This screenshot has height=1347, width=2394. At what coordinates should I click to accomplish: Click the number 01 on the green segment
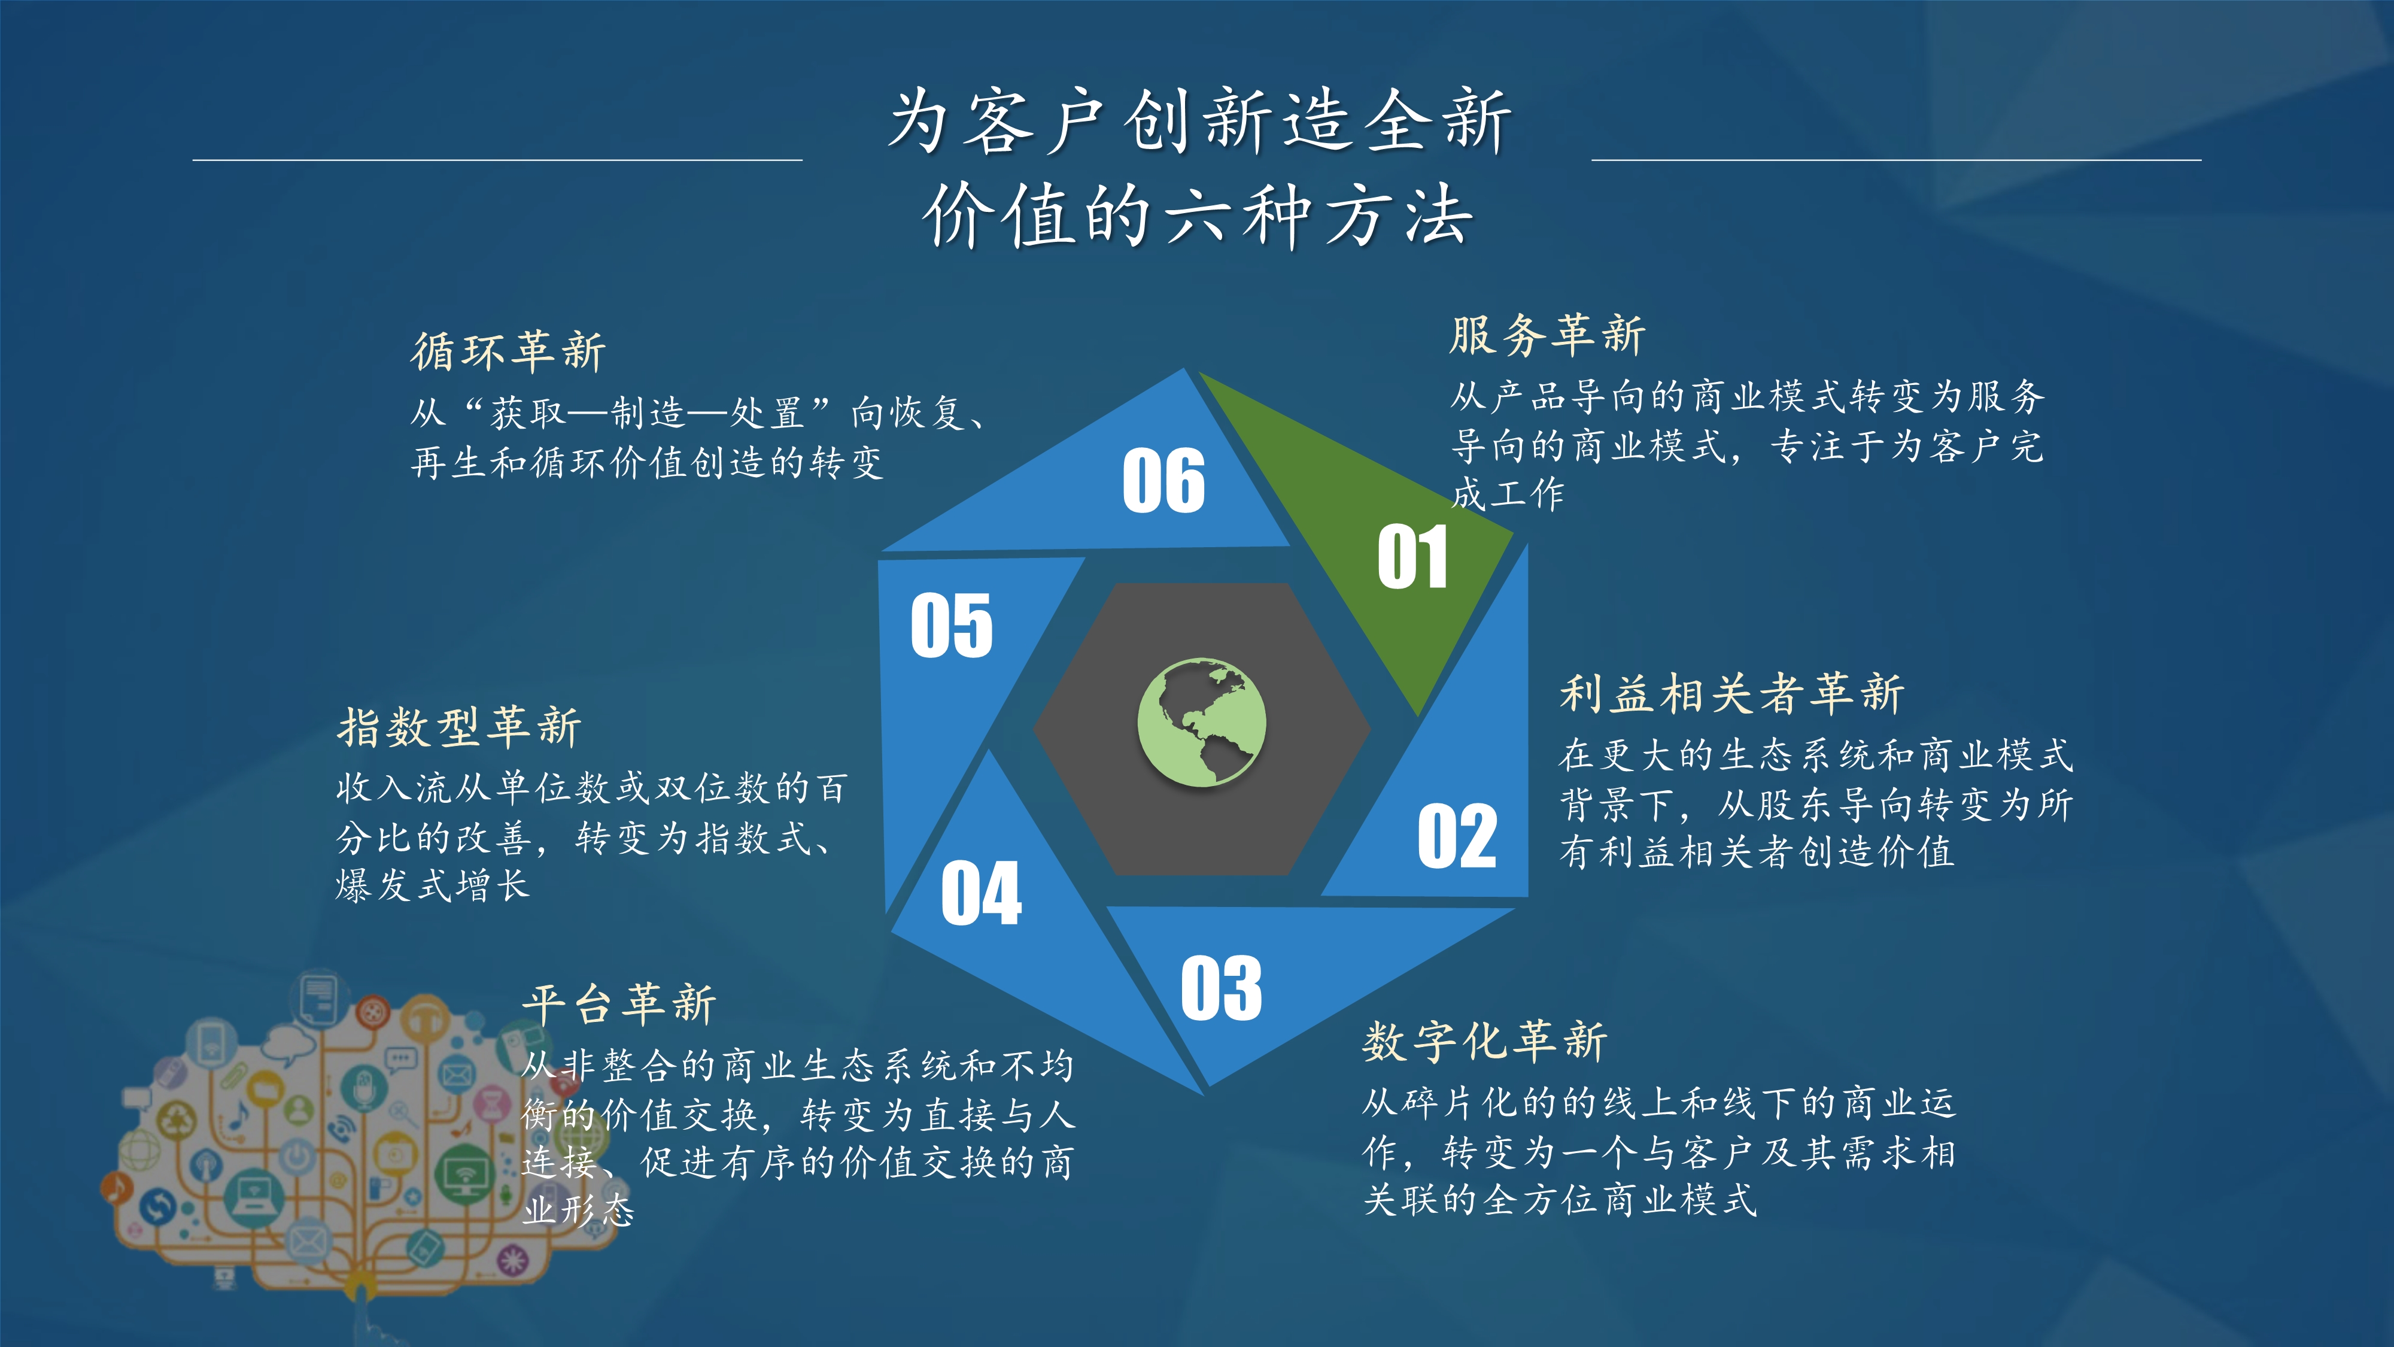pos(1412,557)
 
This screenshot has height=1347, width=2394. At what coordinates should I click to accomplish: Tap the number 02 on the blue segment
pos(1456,836)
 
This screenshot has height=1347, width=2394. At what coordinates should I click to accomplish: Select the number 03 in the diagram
pos(1221,987)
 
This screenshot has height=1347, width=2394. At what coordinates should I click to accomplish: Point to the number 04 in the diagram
pos(982,893)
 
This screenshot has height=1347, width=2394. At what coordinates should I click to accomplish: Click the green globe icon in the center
pos(1202,723)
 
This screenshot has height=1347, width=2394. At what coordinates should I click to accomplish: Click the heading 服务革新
pos(1547,335)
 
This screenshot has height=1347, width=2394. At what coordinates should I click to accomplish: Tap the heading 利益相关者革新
pos(1732,693)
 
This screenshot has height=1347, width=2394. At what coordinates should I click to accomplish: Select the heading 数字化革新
pos(1485,1040)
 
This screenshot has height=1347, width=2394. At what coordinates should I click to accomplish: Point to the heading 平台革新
pos(619,1004)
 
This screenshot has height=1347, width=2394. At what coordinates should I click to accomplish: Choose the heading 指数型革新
pos(459,727)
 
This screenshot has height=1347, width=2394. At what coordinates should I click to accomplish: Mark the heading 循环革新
pos(508,351)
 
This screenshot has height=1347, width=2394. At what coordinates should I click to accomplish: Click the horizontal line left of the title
pos(497,160)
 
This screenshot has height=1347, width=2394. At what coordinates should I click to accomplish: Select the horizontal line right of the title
pos(1896,160)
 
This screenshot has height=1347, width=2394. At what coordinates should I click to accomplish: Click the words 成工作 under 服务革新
pos(1508,494)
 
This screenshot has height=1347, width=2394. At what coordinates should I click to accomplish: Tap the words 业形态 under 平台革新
pos(578,1211)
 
